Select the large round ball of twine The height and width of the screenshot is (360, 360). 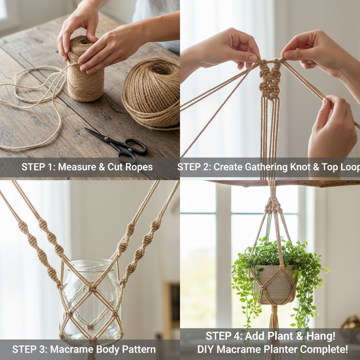point(152,93)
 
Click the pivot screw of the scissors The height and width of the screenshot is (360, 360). point(106,138)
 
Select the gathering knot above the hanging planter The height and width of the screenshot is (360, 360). point(273,205)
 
